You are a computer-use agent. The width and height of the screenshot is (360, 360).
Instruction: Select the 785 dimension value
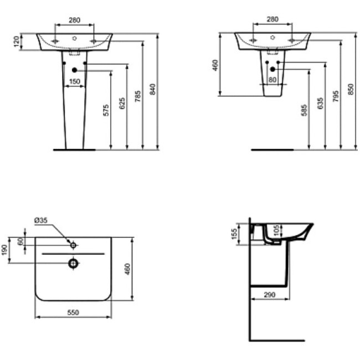(138, 97)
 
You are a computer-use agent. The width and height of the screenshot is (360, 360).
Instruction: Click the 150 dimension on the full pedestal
(74, 81)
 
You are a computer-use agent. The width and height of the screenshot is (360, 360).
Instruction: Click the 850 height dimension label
(350, 89)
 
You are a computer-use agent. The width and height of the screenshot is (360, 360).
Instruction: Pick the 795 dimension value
(335, 97)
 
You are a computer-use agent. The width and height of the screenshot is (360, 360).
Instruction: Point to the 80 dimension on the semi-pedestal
(272, 80)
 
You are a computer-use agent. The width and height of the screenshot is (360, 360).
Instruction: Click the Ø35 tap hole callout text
(42, 220)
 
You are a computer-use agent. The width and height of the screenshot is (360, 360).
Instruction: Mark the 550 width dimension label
(73, 312)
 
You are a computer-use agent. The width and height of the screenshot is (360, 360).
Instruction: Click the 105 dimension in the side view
(277, 229)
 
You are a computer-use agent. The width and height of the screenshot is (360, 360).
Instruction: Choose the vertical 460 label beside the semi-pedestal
(215, 65)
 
